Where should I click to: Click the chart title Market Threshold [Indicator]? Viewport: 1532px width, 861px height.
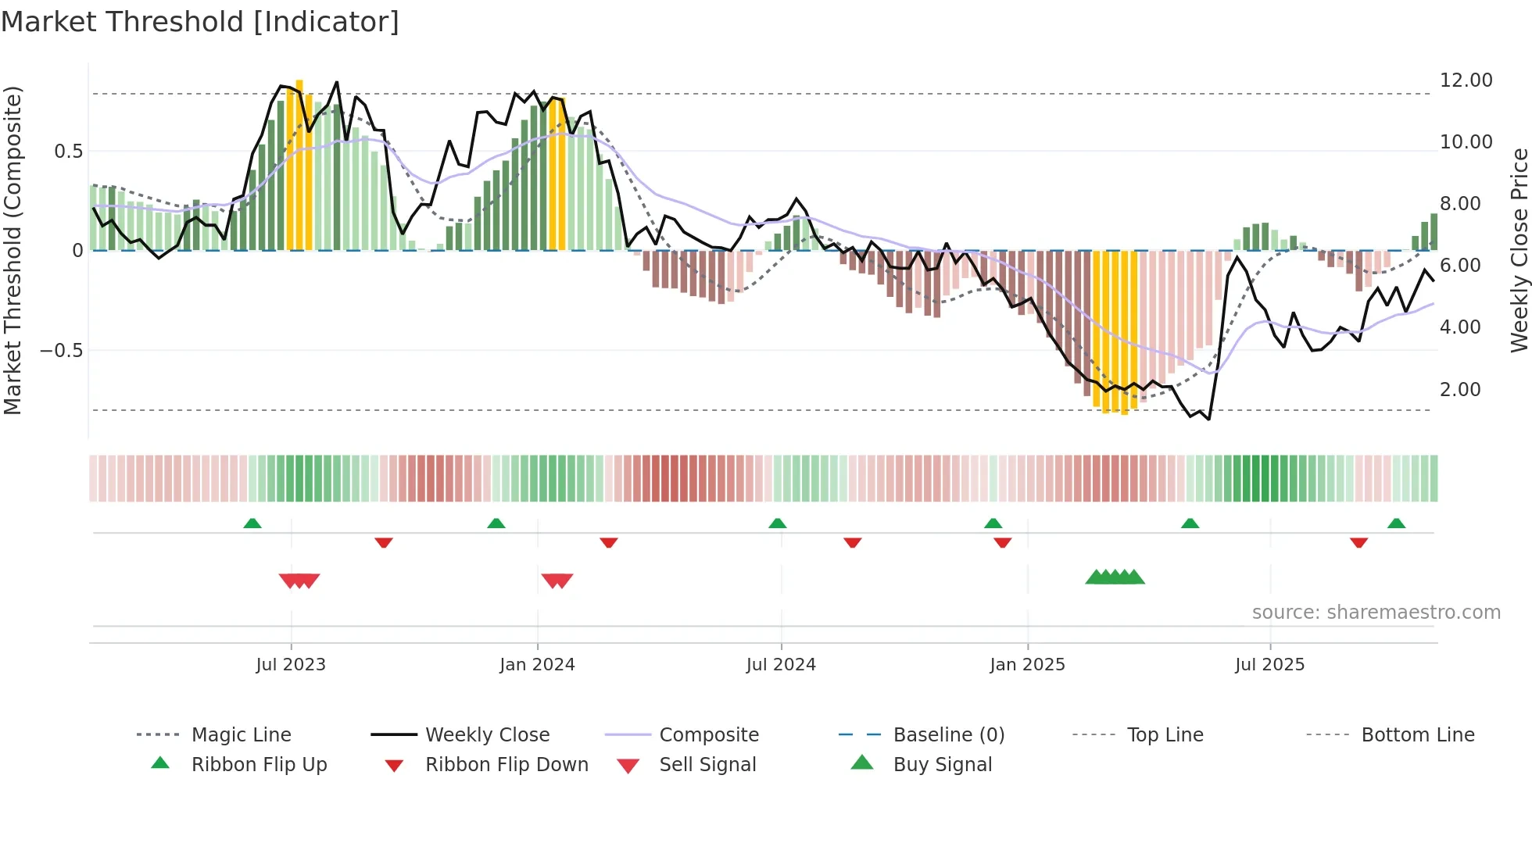coord(200,22)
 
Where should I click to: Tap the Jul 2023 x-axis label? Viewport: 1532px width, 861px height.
coord(291,665)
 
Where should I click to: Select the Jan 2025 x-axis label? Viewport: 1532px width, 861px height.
coord(1027,665)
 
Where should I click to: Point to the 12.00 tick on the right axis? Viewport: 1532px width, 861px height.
coord(1466,80)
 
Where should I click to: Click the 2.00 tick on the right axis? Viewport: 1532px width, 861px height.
coord(1460,390)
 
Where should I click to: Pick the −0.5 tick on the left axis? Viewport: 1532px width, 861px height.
coord(62,350)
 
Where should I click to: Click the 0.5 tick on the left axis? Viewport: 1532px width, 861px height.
coord(68,152)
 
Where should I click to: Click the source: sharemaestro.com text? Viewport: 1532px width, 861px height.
coord(1376,613)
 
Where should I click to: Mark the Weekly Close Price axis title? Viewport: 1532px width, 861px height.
coord(1519,250)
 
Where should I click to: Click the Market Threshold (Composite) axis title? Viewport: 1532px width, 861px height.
coord(13,250)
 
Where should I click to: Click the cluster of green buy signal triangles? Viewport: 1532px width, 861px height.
coord(1115,577)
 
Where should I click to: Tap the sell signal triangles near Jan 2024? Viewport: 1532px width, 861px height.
coord(557,581)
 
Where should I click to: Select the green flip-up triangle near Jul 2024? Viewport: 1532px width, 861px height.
coord(777,523)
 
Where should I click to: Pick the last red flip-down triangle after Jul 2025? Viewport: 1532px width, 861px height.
coord(1358,542)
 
